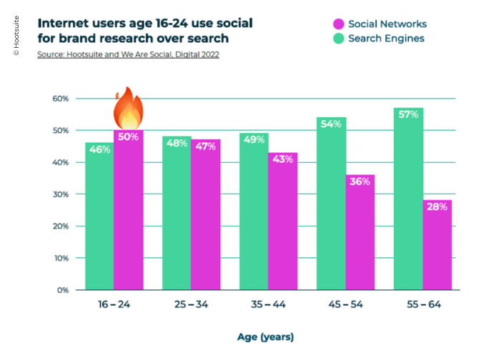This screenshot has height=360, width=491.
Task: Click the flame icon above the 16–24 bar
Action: click(129, 108)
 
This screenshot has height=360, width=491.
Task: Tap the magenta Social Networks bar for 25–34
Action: click(206, 214)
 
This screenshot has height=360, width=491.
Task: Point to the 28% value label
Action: click(437, 207)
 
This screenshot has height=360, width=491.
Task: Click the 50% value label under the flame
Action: click(129, 136)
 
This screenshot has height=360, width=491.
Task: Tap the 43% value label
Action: click(283, 159)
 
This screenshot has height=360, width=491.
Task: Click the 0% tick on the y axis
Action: click(61, 291)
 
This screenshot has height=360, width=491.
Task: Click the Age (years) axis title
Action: click(265, 336)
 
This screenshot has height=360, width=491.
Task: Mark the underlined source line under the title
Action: click(128, 54)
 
